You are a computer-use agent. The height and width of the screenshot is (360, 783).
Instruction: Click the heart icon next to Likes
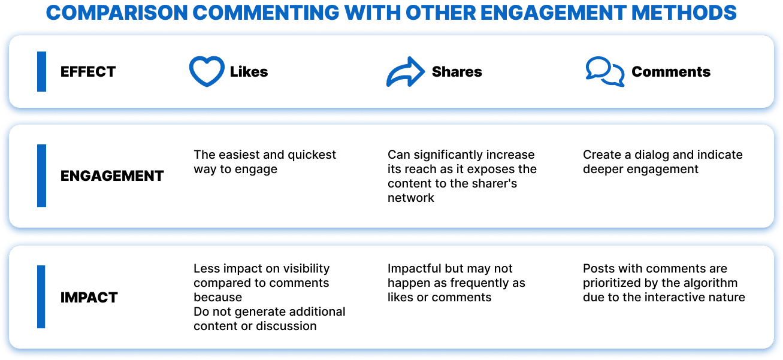click(x=206, y=72)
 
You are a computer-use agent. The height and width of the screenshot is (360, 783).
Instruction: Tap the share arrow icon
click(x=405, y=72)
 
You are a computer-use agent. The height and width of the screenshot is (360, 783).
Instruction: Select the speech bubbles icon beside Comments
click(x=604, y=72)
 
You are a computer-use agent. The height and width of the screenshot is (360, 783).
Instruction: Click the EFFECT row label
click(x=88, y=72)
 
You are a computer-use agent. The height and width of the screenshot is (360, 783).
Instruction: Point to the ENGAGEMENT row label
click(x=112, y=176)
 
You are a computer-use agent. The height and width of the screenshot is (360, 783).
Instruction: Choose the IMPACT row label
click(x=89, y=297)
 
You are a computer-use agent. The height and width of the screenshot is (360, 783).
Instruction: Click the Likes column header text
click(x=249, y=72)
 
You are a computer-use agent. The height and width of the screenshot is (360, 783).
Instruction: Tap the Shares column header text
click(x=457, y=72)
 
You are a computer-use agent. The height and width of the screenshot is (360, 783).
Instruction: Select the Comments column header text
click(x=670, y=72)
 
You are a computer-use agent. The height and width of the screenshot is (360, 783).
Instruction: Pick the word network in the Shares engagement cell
click(x=411, y=198)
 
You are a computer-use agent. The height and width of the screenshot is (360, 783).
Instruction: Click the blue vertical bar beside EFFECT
click(x=41, y=72)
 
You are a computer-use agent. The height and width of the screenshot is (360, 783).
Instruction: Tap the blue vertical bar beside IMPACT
click(x=41, y=297)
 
